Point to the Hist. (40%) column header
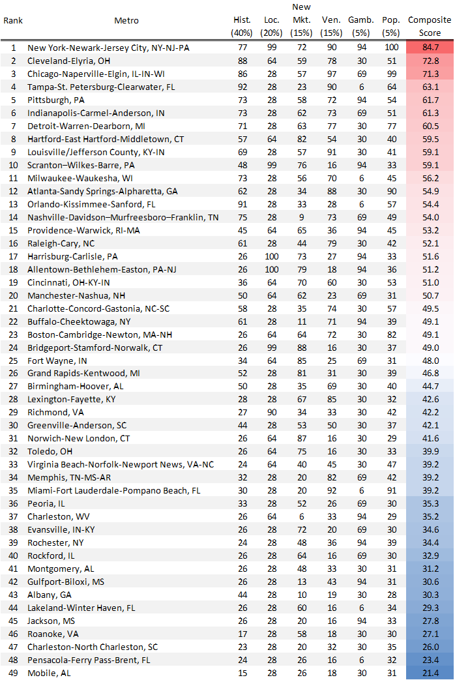[x=242, y=27]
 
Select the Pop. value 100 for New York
[x=391, y=48]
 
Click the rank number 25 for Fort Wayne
[x=13, y=361]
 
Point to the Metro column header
[x=126, y=21]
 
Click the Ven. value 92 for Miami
[x=332, y=490]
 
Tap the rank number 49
[x=13, y=673]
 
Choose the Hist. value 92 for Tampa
[x=242, y=87]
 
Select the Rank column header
[x=13, y=21]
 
